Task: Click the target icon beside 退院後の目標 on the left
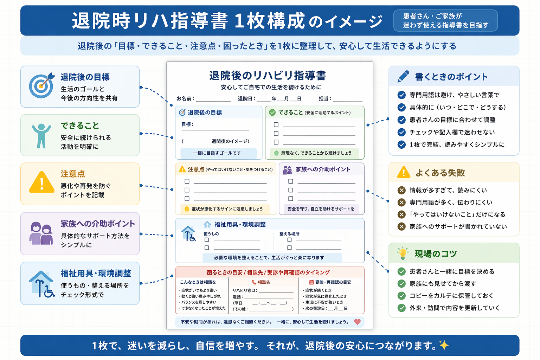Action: click(41, 85)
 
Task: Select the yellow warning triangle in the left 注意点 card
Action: click(42, 183)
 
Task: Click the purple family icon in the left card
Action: click(41, 233)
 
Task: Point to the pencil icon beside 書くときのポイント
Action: click(403, 77)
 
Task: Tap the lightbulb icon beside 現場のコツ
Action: click(403, 253)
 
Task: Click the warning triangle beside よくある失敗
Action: click(404, 173)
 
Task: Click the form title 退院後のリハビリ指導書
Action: click(268, 76)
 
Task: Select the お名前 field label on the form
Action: click(184, 99)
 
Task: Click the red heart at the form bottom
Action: click(358, 322)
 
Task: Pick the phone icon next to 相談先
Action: click(254, 282)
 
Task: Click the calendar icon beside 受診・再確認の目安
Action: click(311, 282)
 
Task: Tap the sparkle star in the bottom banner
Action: click(444, 345)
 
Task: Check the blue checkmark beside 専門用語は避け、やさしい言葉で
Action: click(401, 95)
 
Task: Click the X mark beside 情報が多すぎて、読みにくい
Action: click(401, 190)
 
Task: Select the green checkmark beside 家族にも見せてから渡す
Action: click(401, 284)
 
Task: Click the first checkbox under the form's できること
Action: click(276, 125)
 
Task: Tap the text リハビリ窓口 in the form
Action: click(245, 291)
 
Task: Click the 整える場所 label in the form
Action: click(289, 234)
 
